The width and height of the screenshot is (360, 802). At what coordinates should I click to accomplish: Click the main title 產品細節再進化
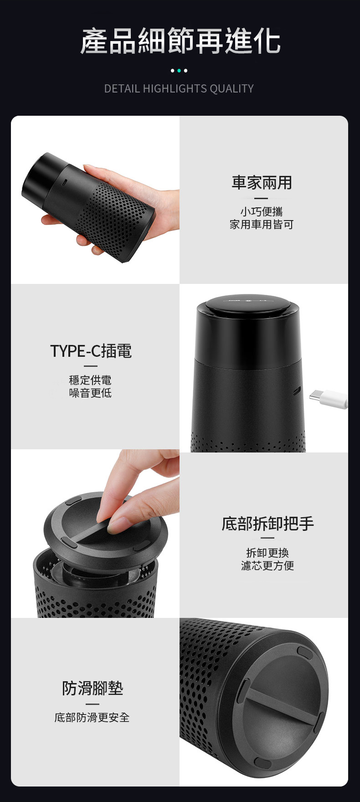coord(180,41)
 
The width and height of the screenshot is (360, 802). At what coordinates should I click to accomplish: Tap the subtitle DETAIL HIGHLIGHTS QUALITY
coord(179,88)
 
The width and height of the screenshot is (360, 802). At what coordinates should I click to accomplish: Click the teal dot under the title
coord(179,71)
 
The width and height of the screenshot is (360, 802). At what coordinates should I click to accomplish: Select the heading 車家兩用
coord(262,182)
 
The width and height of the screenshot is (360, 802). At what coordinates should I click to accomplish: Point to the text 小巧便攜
coord(262,211)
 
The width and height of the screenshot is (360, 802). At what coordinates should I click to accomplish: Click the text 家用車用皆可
coord(262,224)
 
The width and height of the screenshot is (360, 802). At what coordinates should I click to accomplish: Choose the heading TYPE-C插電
coord(91,351)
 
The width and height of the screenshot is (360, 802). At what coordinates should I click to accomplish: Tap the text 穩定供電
coord(90,380)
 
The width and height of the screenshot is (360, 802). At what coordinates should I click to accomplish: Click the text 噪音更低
coord(90,393)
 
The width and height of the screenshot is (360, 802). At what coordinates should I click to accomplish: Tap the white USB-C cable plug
coord(328,398)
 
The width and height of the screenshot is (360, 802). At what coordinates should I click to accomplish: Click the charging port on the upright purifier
coord(297,391)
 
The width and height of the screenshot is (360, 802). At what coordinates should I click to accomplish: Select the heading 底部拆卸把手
coord(268,524)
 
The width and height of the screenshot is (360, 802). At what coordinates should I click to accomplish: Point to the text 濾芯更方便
coord(267,566)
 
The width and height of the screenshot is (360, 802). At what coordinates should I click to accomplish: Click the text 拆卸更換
coord(267,553)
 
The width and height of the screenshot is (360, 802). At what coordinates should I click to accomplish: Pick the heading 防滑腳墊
coord(93,688)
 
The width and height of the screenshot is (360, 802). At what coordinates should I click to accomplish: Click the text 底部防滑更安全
coord(92,717)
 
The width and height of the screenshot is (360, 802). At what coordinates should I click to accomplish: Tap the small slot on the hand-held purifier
coord(65,182)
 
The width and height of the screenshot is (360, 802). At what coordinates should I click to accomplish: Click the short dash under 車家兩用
coord(261,198)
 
